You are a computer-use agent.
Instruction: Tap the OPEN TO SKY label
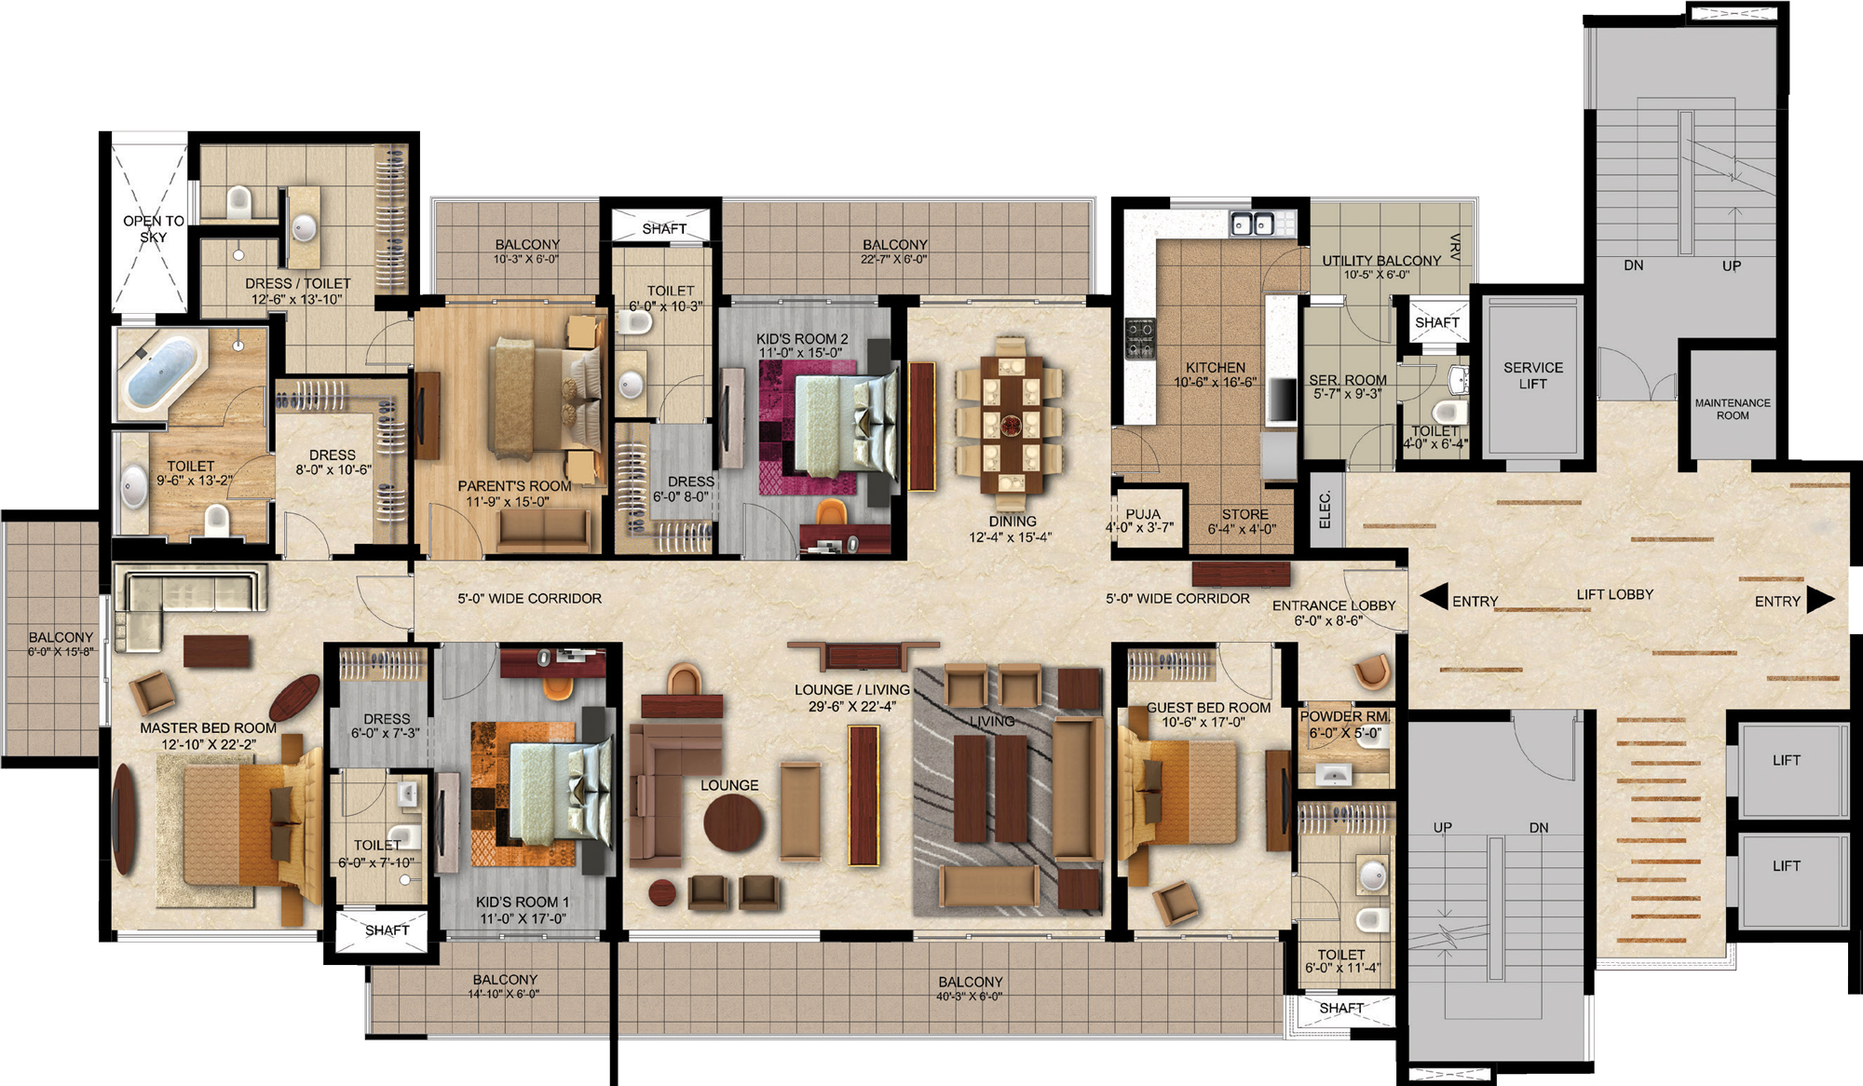click(x=154, y=228)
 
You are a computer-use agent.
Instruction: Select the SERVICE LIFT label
click(x=1533, y=375)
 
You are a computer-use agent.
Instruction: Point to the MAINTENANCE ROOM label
click(x=1733, y=409)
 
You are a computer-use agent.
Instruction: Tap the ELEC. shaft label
click(x=1326, y=509)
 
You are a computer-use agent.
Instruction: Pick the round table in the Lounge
click(x=733, y=822)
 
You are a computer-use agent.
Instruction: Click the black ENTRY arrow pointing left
click(x=1435, y=597)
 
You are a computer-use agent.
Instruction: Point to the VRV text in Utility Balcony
click(x=1455, y=247)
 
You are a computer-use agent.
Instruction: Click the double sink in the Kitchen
click(x=1252, y=224)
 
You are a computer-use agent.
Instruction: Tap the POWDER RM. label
click(x=1344, y=716)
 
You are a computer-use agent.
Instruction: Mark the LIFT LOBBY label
click(x=1615, y=594)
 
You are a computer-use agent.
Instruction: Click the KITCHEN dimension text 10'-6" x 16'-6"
click(x=1216, y=382)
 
